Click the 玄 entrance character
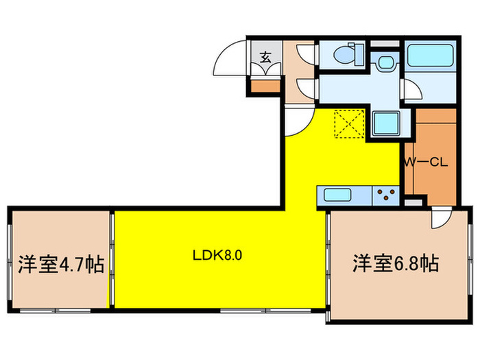tap(265, 58)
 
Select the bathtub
tap(430, 55)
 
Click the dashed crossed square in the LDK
tap(347, 124)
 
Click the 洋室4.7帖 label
tap(61, 263)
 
